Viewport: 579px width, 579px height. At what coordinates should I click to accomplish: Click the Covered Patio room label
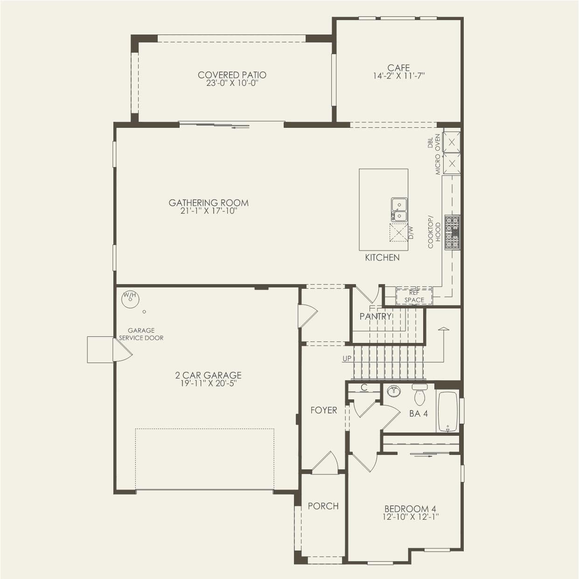232,75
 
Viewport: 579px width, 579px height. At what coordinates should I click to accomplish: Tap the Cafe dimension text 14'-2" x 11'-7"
398,76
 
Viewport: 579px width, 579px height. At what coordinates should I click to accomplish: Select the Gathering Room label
209,202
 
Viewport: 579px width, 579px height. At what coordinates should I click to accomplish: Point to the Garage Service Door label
141,334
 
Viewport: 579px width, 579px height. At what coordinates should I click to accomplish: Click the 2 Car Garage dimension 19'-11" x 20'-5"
209,384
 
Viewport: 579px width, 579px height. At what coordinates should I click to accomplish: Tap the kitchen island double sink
399,209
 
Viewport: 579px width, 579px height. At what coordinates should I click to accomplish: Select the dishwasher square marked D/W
398,232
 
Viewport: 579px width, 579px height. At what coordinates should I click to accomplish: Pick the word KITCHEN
382,258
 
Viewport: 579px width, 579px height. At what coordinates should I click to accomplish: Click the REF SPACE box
414,296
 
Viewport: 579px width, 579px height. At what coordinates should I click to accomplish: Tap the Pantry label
375,316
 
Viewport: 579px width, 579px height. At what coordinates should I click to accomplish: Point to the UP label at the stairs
347,359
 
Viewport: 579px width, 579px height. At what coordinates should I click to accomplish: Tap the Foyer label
324,410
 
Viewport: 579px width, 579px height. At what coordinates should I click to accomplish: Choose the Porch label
323,506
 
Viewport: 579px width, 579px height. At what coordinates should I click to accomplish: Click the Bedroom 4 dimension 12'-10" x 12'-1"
410,517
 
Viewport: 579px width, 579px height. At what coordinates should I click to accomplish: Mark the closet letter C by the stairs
364,388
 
